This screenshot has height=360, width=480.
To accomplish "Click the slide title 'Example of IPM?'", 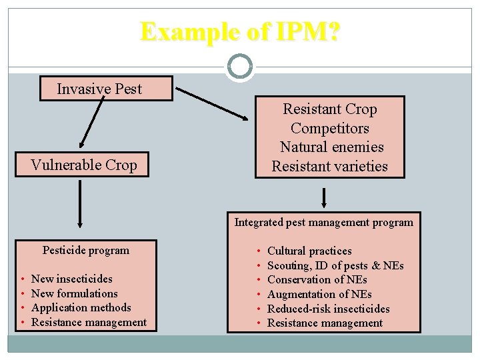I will click(x=239, y=31).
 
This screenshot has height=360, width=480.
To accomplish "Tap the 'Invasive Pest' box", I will click(x=99, y=89).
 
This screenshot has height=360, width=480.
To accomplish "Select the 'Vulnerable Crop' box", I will click(x=84, y=165).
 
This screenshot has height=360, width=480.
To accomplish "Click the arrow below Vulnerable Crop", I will click(x=80, y=205).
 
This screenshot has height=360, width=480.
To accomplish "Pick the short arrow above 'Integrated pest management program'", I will click(x=324, y=198).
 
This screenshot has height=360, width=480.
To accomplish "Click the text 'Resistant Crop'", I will click(x=330, y=109).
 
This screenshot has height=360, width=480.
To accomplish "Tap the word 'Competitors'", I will click(x=330, y=128).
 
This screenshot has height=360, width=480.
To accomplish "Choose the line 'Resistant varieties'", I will click(x=329, y=166).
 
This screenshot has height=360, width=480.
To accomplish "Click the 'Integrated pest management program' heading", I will click(x=324, y=222).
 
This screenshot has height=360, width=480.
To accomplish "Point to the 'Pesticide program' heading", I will click(x=86, y=251).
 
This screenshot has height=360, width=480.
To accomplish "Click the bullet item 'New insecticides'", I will click(x=72, y=279).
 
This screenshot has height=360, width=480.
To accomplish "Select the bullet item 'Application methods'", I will click(x=81, y=307).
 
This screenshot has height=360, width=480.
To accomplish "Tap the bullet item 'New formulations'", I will click(x=75, y=293).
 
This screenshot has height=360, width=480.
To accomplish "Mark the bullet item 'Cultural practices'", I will click(x=309, y=251).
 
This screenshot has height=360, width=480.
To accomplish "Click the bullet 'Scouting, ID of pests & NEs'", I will click(x=335, y=265).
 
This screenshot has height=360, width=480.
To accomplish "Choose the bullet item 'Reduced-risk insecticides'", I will click(x=329, y=309).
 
